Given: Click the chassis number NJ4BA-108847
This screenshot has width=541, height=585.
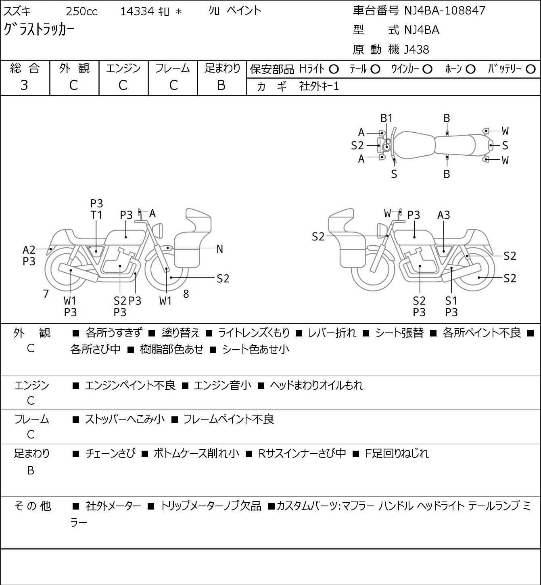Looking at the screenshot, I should [445, 11].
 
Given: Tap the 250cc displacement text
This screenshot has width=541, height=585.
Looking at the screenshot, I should [81, 11].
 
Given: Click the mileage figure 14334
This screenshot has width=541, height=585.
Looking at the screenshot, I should [137, 11].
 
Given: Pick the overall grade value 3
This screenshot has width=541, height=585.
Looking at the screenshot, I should [24, 85].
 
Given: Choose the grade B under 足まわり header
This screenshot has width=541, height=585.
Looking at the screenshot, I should [221, 85].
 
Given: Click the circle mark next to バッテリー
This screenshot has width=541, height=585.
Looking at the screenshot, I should [531, 69].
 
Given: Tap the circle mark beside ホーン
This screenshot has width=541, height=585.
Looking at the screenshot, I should [470, 69].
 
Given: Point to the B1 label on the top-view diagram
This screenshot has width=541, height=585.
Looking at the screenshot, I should [386, 118].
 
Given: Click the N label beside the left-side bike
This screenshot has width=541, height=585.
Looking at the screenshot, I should [220, 249].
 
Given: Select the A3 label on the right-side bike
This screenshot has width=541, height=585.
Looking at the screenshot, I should [443, 215].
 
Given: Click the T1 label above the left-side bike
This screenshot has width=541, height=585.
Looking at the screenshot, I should [96, 215].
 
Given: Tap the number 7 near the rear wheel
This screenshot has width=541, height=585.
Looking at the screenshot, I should [46, 294].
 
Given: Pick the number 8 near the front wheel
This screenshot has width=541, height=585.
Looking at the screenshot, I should [186, 294].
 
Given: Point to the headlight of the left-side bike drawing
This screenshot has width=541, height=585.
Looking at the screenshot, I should [159, 230].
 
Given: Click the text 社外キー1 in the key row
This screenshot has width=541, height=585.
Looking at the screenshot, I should [319, 86].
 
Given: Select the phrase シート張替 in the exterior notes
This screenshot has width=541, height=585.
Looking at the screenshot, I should [399, 333].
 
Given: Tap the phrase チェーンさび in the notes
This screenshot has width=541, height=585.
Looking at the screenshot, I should [110, 453].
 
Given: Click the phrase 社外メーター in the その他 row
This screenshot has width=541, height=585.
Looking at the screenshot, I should [113, 506].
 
